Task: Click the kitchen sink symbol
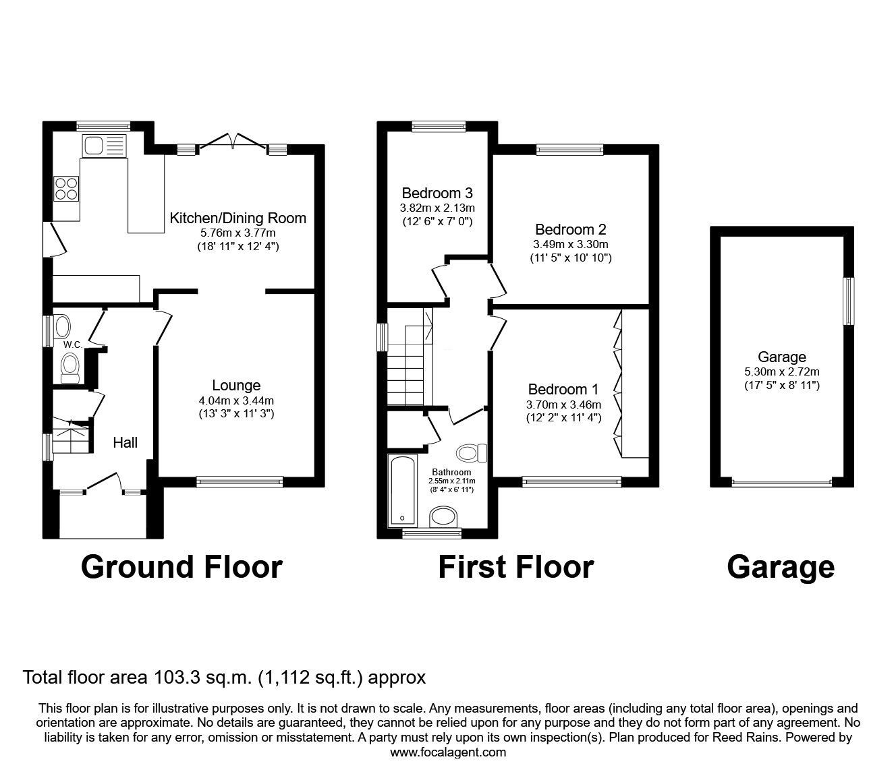coord(105,145)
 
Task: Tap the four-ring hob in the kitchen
coord(66,189)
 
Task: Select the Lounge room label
coord(236,385)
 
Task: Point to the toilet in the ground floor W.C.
coord(69,368)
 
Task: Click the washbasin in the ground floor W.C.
coord(62,326)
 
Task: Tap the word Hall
coord(125,442)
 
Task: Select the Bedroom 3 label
coord(437,193)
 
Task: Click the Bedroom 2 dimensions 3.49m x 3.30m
coord(570,244)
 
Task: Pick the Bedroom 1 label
coord(563,389)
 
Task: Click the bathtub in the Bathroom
coord(403,489)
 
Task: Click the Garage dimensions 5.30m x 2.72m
coord(782,371)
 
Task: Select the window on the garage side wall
coord(848,301)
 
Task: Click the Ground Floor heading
coord(181,568)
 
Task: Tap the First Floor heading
coord(516,568)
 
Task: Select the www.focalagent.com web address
coord(448,752)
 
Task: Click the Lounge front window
coord(240,482)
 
